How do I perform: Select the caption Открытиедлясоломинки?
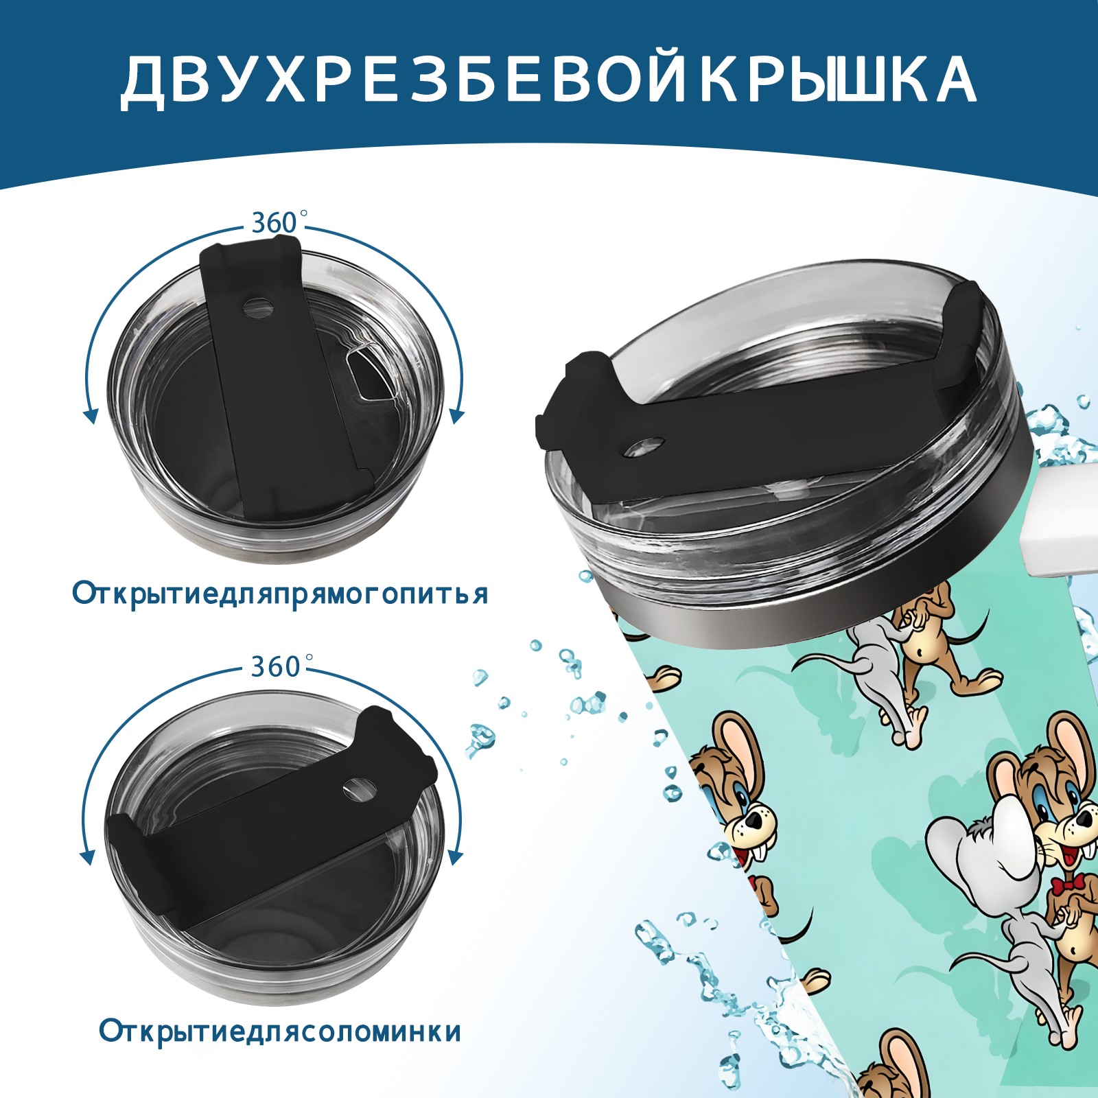(280, 1031)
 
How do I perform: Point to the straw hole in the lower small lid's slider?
(357, 789)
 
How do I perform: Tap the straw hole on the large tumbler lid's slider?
(645, 447)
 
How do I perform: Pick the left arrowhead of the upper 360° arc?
(89, 414)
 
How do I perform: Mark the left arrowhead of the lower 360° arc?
(88, 858)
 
